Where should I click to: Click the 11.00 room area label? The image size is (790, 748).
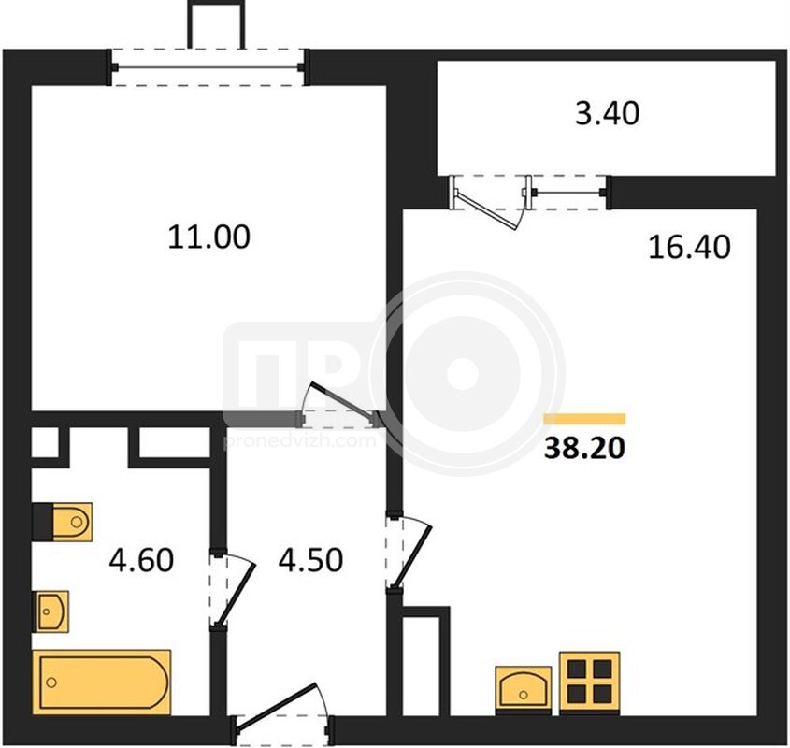[208, 237]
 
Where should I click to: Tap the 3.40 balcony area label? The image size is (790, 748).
[607, 113]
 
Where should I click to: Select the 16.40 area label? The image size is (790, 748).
[689, 247]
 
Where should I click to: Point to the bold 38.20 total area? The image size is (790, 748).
[584, 448]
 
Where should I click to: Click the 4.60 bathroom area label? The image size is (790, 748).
[141, 559]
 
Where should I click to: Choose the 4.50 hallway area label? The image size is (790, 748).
[311, 559]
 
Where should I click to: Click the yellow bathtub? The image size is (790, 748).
[101, 682]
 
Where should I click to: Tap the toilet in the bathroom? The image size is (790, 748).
[63, 522]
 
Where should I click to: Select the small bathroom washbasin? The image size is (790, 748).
[50, 611]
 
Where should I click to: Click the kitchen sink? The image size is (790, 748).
[523, 689]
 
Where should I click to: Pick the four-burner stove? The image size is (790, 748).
[590, 683]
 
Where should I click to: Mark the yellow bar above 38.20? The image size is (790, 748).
[584, 419]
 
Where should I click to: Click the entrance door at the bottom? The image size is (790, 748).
[282, 713]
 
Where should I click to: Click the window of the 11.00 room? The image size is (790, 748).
[208, 67]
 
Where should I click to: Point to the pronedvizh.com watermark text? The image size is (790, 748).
[300, 441]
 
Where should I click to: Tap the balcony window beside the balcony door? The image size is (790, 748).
[569, 192]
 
